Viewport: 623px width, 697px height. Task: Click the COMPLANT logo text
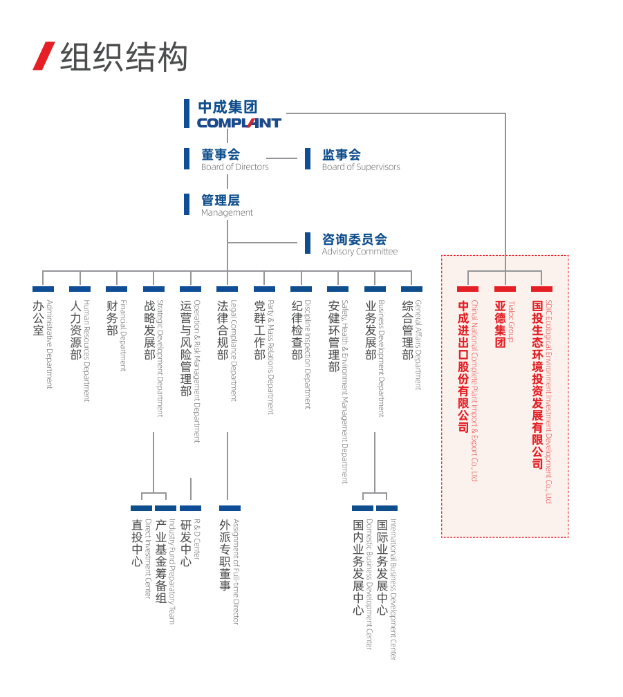[239, 123]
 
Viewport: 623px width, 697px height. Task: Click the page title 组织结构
[124, 57]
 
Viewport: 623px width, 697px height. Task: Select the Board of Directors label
[234, 167]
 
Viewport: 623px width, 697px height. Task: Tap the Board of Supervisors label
[360, 167]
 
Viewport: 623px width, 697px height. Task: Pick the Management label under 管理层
[227, 213]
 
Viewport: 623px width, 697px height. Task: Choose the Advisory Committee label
[360, 252]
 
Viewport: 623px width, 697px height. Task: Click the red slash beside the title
[44, 56]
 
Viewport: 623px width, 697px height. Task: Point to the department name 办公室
[38, 318]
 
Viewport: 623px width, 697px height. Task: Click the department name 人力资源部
[75, 330]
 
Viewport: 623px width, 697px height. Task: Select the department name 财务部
[112, 318]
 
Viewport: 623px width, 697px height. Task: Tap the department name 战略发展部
[149, 330]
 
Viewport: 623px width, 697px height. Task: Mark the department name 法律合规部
[223, 330]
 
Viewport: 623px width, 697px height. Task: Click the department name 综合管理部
[407, 330]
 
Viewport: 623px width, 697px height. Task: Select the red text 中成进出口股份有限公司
[463, 366]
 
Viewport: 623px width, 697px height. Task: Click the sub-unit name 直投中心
[137, 543]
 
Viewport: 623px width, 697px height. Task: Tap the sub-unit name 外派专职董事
[225, 555]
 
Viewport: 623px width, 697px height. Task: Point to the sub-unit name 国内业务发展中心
[358, 568]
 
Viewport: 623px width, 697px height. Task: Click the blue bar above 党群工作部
[264, 289]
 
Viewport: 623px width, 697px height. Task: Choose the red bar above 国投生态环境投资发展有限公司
[541, 289]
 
